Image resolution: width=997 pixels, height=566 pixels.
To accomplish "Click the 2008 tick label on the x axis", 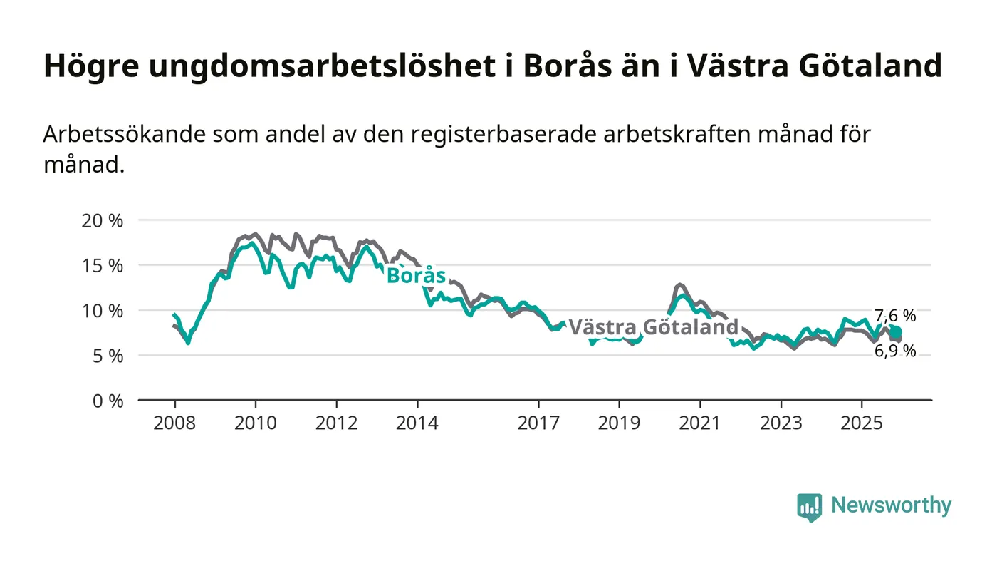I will tap(174, 423).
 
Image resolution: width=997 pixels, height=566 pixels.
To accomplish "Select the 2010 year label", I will tap(256, 423).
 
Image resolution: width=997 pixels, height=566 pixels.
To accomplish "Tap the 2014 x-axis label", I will tap(417, 423).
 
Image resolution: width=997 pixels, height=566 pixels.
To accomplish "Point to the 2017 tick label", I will tap(538, 423).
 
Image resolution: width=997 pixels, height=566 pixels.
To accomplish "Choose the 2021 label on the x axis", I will tap(700, 423).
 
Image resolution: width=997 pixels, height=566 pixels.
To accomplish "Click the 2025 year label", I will tap(862, 423).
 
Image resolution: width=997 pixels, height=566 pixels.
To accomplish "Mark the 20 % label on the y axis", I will tap(103, 220).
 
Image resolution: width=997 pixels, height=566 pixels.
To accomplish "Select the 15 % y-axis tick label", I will tap(103, 265).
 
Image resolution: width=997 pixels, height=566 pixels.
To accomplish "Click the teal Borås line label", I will tap(416, 276).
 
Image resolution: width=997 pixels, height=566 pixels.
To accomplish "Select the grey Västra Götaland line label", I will tap(653, 327).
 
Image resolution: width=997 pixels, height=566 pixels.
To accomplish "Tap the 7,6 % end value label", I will tap(895, 316).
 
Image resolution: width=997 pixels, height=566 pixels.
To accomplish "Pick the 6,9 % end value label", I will tap(895, 351).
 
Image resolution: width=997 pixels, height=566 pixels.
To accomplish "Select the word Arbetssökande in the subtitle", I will tap(123, 134).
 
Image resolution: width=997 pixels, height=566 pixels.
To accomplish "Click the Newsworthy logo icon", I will tap(809, 507).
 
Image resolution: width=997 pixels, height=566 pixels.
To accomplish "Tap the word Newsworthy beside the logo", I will tap(891, 505).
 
